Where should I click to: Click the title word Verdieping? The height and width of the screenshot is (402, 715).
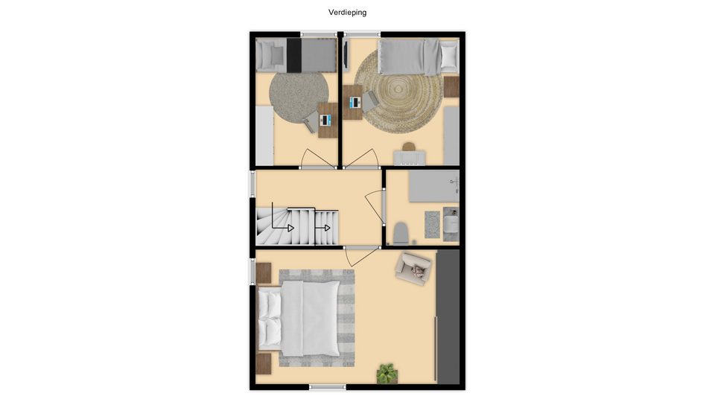tap(348, 13)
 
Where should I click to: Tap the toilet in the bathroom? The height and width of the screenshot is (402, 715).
tap(401, 232)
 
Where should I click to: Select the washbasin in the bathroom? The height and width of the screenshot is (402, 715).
tap(451, 224)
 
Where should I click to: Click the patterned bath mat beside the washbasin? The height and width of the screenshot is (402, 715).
tap(432, 224)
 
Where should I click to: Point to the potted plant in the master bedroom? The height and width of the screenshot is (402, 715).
tap(387, 373)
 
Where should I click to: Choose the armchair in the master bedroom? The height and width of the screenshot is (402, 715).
tap(413, 269)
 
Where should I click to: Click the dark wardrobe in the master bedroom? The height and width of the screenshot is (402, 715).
tap(448, 317)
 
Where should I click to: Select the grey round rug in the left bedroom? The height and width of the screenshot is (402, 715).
tap(299, 97)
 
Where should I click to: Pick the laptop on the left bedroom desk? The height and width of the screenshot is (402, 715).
tap(325, 121)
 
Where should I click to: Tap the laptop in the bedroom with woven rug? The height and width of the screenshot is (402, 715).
tap(355, 103)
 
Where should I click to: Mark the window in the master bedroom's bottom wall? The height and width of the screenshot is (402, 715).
tap(328, 387)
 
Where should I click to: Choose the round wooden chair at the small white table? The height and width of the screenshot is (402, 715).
tap(409, 147)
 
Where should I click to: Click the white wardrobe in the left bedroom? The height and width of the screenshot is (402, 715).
tap(264, 135)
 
